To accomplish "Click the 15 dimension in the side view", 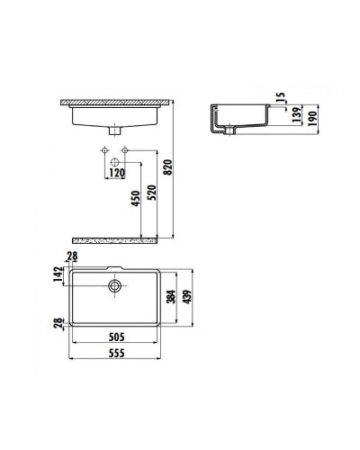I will click(280, 97).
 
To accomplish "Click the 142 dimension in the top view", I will click(59, 275).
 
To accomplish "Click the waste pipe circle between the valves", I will click(113, 148).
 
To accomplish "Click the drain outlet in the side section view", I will click(232, 132).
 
